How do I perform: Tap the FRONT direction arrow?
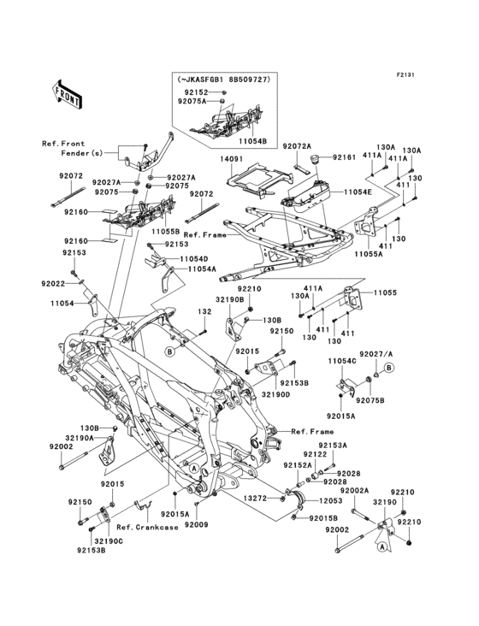68,92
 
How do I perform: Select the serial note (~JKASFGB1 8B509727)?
224,80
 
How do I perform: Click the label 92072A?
298,147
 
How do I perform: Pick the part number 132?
204,312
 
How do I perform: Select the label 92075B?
370,400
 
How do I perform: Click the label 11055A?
370,255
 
